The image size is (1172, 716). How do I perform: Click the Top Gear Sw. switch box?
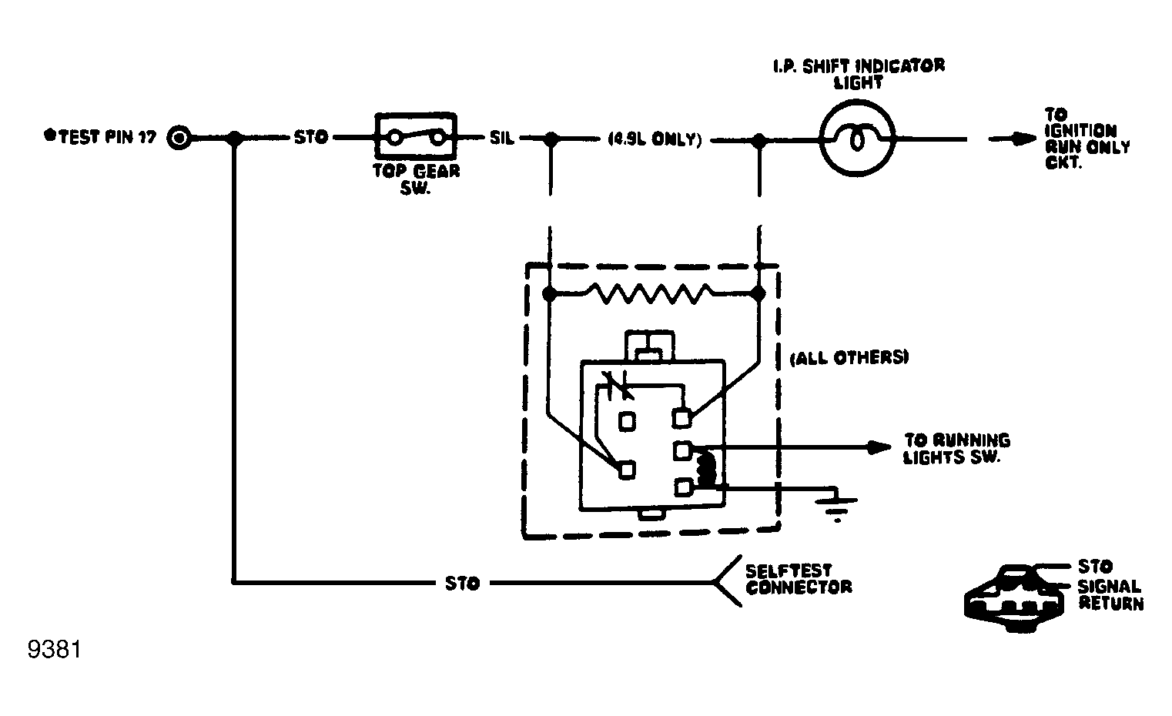coord(416,138)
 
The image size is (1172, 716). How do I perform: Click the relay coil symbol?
coord(705,469)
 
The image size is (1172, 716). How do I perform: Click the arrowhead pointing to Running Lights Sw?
coord(880,447)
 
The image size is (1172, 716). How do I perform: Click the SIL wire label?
coord(502,139)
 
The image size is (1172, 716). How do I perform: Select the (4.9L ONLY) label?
coord(654,140)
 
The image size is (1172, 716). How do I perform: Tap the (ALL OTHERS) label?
coord(850,358)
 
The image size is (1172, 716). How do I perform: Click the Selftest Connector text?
coord(798,579)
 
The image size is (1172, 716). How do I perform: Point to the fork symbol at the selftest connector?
coord(725,582)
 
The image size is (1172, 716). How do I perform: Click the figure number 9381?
coord(54,651)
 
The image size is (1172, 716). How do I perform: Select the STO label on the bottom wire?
coord(462,584)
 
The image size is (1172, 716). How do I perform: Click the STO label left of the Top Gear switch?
coord(310,138)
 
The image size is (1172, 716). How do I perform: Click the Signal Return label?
coord(1110,595)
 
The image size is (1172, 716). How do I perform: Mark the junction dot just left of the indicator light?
coord(759,140)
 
